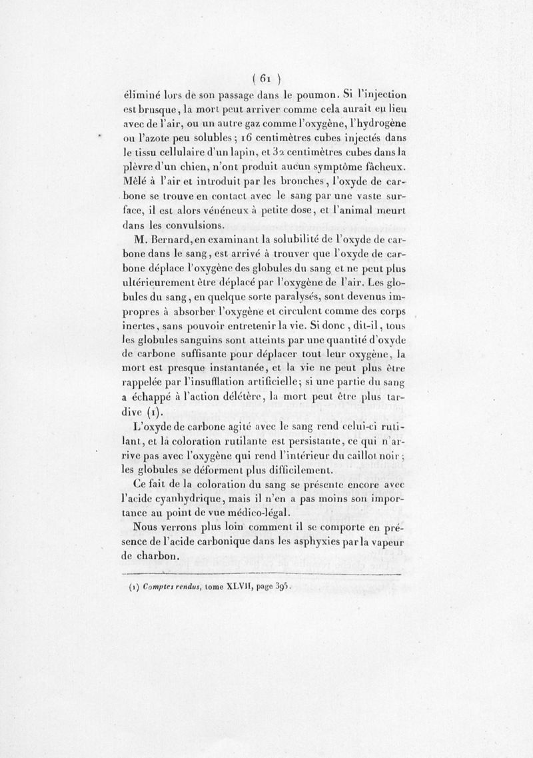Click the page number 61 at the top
pos(265,75)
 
